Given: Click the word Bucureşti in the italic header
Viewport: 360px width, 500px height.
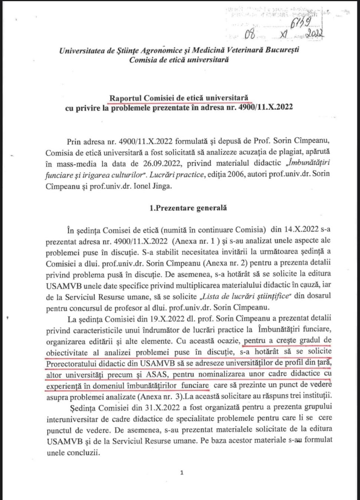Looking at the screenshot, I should [282, 50].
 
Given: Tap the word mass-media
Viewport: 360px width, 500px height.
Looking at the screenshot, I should [76, 164].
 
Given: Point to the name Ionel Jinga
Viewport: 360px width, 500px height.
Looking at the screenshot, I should [153, 186].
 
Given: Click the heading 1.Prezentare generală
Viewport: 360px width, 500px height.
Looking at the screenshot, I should [188, 208].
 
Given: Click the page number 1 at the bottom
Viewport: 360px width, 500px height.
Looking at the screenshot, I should [181, 473].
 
